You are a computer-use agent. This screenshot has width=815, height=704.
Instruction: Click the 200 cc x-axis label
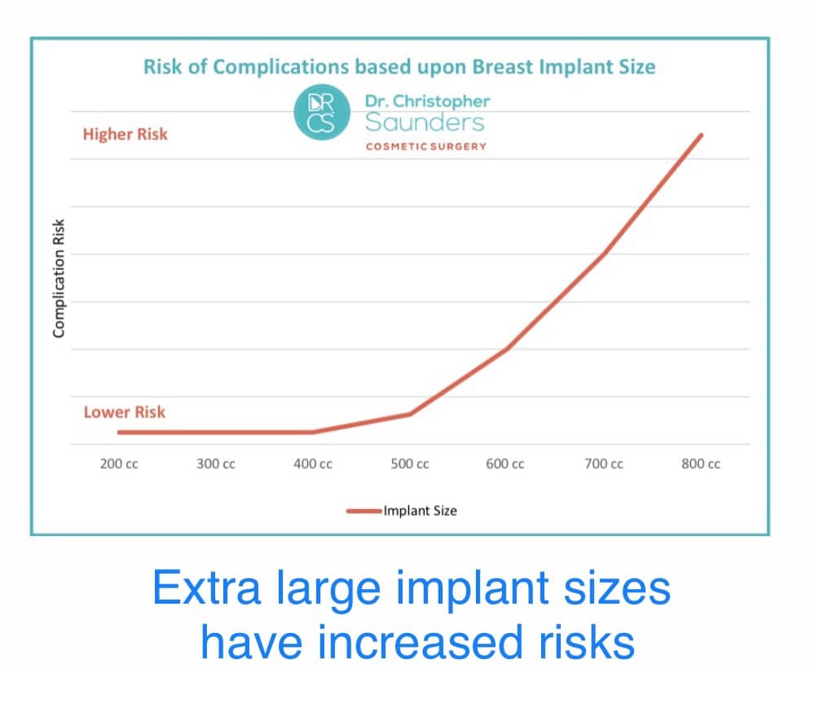(119, 463)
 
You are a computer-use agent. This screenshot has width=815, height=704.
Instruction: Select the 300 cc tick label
(216, 463)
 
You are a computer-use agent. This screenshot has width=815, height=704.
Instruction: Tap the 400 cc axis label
(313, 463)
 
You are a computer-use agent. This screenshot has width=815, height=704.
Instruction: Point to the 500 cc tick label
(410, 463)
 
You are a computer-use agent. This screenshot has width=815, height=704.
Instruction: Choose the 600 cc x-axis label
(505, 463)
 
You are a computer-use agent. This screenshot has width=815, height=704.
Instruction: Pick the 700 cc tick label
(604, 463)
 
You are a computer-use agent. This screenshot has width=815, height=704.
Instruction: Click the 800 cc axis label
(701, 463)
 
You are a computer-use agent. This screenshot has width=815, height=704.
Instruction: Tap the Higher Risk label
(126, 135)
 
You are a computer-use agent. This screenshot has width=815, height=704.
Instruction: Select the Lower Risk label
(125, 412)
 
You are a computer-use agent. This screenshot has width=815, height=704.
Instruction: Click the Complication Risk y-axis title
(59, 278)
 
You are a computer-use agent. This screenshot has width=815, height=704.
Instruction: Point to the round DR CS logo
(322, 113)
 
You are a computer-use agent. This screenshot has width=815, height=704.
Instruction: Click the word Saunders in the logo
(425, 122)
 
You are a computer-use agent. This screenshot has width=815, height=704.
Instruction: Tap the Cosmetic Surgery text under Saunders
(426, 147)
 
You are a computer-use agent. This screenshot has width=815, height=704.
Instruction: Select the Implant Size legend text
(421, 511)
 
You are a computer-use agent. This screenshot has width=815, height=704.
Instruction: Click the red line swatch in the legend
(363, 511)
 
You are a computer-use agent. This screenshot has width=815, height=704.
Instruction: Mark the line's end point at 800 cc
(701, 135)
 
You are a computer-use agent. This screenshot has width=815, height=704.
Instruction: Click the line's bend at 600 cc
(506, 349)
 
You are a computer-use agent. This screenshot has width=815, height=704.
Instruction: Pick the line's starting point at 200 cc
(119, 432)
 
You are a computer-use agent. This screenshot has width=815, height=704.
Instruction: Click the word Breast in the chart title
(503, 67)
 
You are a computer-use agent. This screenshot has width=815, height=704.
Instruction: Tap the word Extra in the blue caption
(206, 588)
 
